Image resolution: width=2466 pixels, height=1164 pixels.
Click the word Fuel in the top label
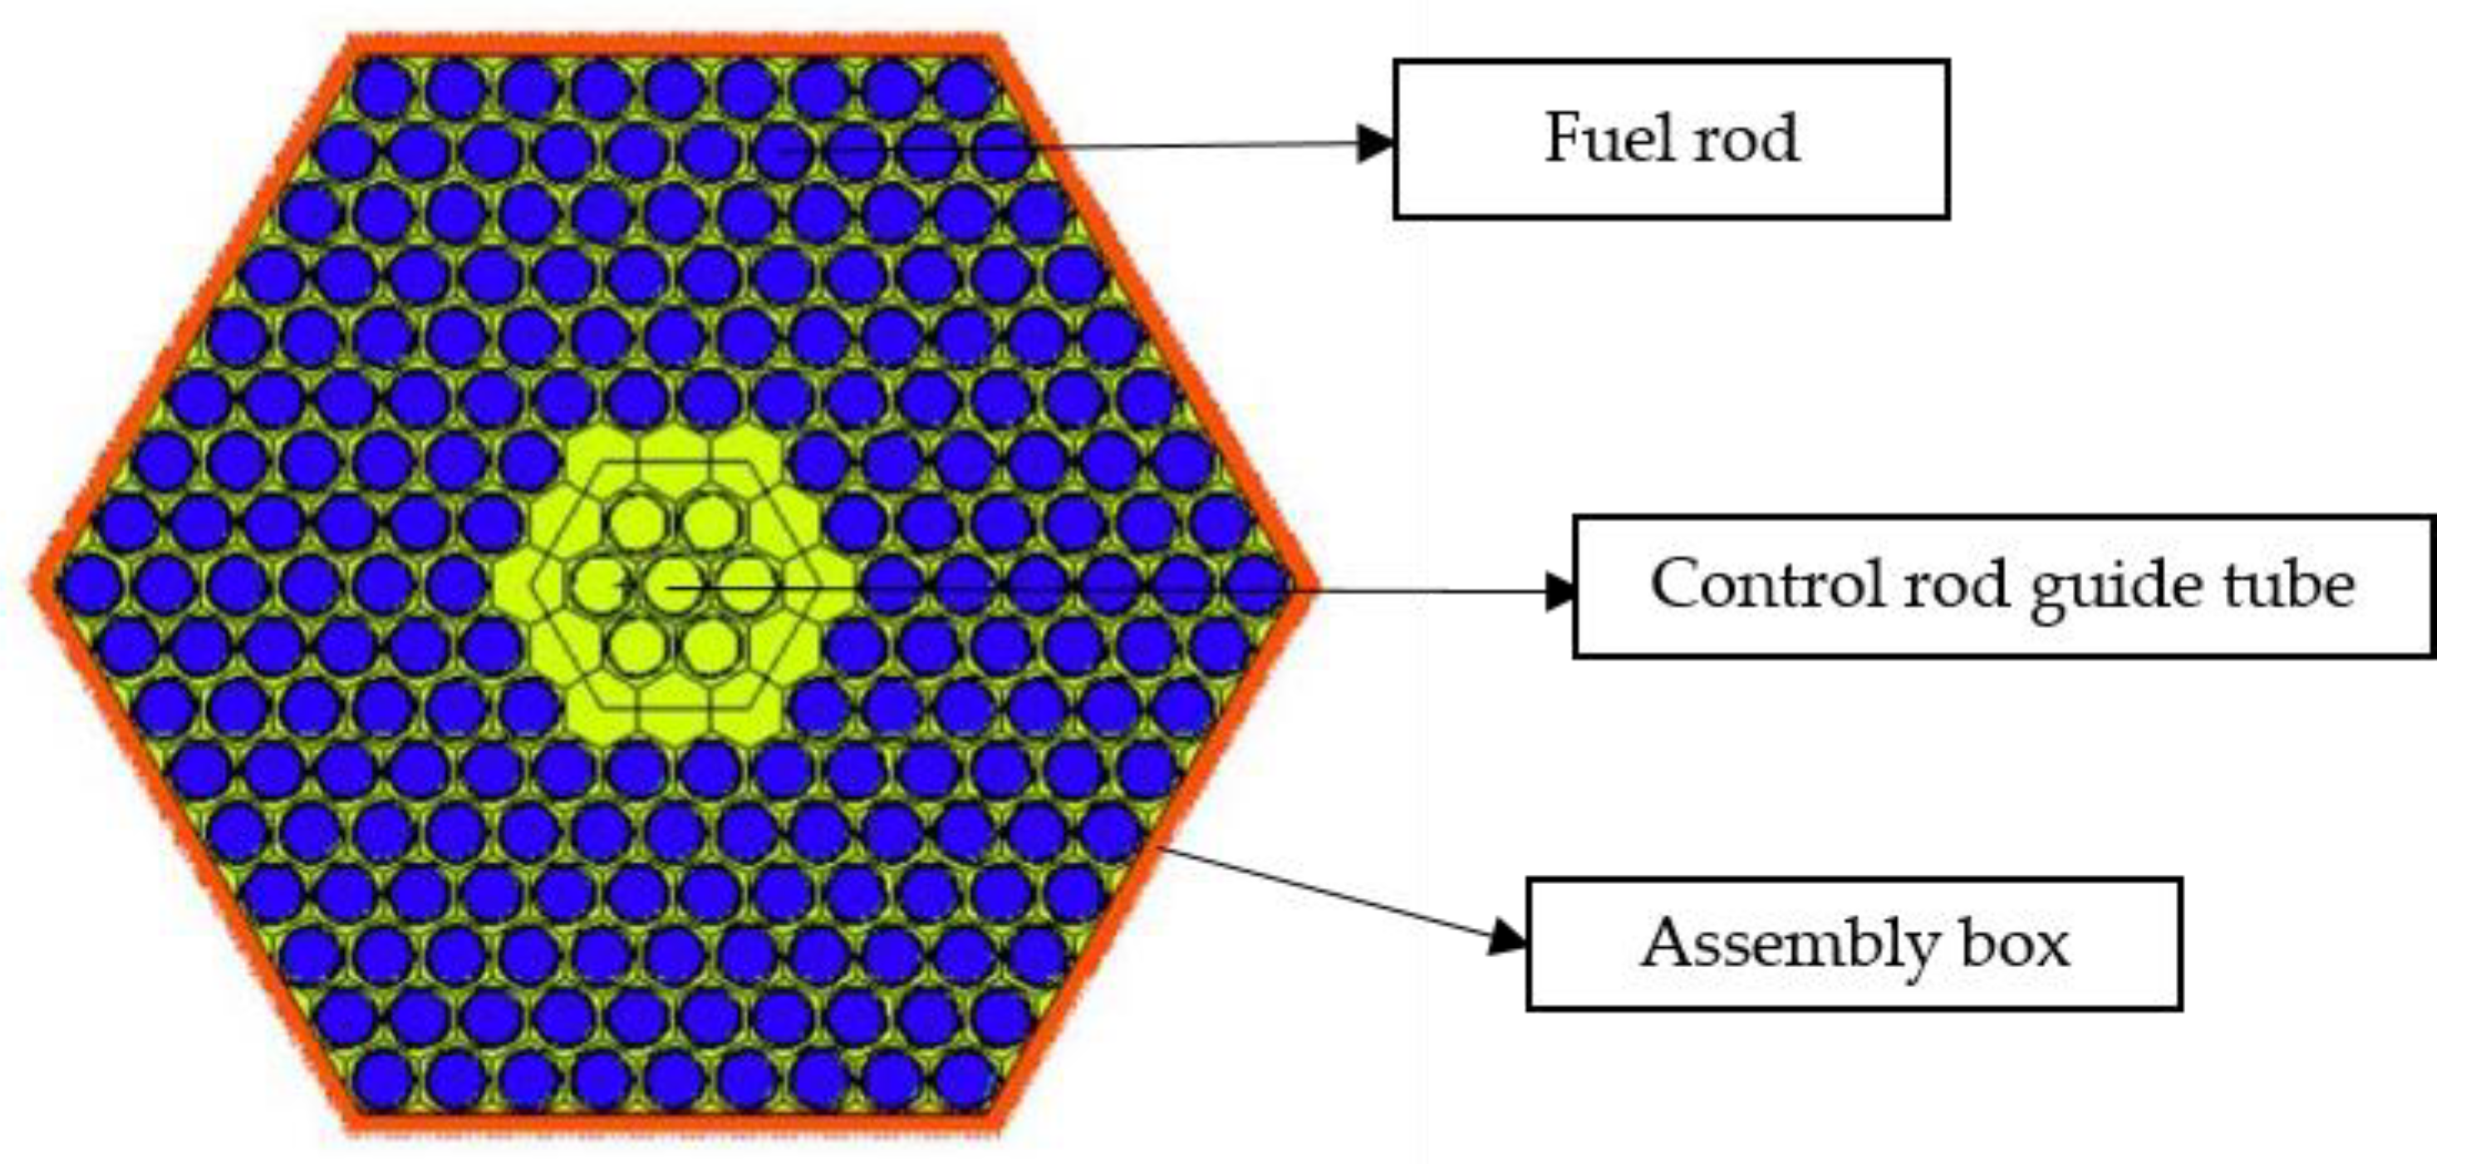(1609, 139)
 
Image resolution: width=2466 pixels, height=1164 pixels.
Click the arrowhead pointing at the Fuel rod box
(1376, 144)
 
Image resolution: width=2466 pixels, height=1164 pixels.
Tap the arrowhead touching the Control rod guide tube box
(1559, 592)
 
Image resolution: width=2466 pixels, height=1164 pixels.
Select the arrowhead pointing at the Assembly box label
(1509, 937)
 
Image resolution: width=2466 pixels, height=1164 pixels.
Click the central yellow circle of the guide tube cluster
(673, 587)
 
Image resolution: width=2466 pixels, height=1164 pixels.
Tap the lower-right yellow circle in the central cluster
(710, 650)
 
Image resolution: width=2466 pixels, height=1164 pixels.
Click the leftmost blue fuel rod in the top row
(382, 89)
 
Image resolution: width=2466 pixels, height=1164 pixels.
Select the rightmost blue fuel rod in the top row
(967, 89)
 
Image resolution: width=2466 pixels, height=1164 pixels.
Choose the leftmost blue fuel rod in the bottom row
(382, 1083)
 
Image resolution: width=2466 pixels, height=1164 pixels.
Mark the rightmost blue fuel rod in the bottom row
(967, 1083)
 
